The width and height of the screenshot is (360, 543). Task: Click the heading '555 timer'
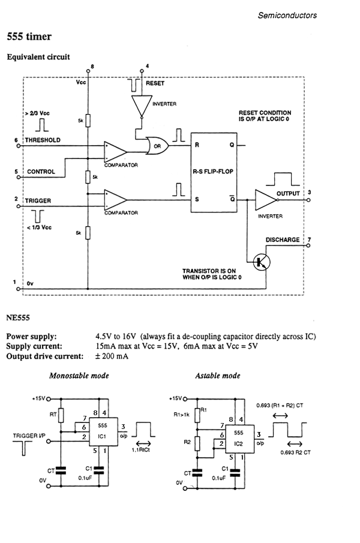29,37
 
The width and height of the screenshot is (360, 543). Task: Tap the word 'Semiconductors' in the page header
287,15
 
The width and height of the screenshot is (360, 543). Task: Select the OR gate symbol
158,145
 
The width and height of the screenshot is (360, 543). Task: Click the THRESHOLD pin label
43,140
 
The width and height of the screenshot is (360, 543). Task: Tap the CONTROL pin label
41,172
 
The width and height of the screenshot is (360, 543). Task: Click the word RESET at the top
155,83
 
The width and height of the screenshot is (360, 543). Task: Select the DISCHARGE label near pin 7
283,239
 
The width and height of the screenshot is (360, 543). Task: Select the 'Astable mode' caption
218,376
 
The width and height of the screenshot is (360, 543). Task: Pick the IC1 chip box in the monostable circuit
100,429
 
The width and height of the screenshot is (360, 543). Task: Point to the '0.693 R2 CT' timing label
297,452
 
